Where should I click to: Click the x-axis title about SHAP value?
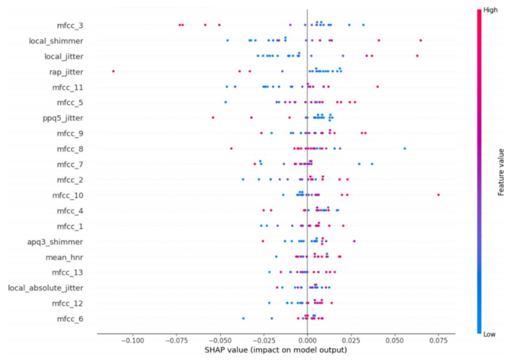click(x=276, y=350)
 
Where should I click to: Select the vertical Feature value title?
click(x=501, y=172)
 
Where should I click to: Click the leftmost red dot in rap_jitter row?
click(x=114, y=72)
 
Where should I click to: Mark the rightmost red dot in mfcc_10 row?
click(x=439, y=195)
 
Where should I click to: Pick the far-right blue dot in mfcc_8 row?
click(x=405, y=149)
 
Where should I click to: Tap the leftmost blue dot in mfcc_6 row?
click(x=244, y=318)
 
